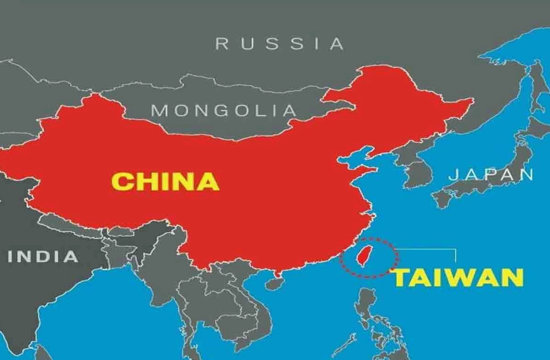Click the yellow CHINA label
[x=165, y=181]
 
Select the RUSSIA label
[x=280, y=44]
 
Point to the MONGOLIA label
[x=223, y=111]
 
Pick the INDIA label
[x=43, y=256]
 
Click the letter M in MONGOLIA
[x=158, y=111]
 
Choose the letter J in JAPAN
[x=455, y=175]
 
